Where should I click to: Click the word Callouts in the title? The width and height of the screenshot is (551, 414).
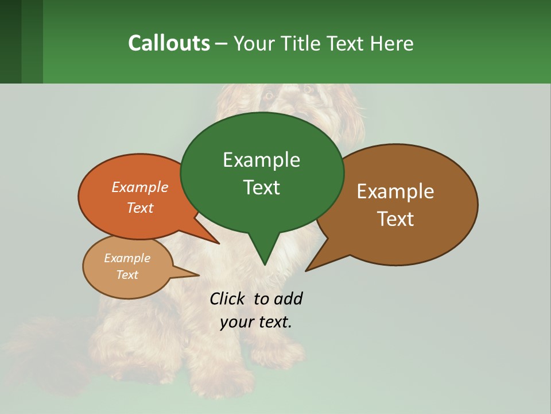169,43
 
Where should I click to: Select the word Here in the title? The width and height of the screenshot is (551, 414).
392,43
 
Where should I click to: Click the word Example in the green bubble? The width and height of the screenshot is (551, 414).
261,160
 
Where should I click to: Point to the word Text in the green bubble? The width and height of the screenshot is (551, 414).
261,187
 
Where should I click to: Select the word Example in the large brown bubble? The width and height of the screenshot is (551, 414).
395,191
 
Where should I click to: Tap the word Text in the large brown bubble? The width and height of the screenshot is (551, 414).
395,219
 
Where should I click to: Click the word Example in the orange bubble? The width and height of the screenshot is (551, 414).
140,187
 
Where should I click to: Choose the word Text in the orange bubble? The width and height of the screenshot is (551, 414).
140,208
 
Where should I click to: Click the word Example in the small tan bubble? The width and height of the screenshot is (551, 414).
127,258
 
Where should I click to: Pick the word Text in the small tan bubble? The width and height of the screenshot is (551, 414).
127,275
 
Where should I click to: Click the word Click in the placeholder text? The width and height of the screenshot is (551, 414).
227,298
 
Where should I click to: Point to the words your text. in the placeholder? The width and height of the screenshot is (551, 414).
256,322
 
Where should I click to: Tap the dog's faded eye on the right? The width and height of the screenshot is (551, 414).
308,89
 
